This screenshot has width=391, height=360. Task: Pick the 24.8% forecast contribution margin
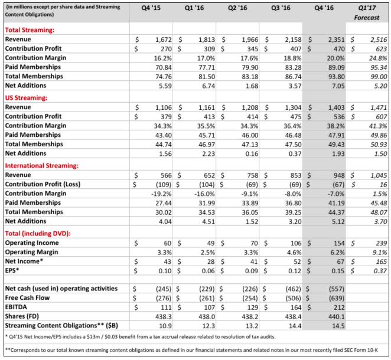click(x=376, y=58)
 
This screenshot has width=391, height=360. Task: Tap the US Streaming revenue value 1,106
click(x=160, y=107)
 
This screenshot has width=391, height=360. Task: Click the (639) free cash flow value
click(x=334, y=299)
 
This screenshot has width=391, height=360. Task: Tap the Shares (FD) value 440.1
click(x=335, y=317)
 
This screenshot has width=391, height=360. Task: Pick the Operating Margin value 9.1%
click(x=377, y=253)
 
